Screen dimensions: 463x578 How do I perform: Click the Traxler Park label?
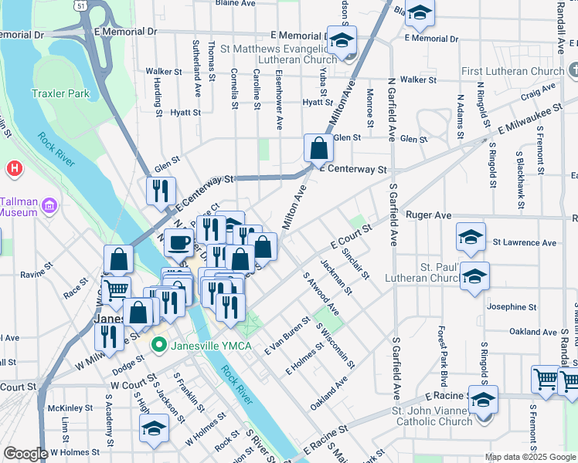click(x=60, y=94)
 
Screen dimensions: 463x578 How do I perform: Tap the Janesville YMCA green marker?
click(x=160, y=345)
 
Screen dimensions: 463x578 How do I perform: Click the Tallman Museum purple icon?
click(x=51, y=206)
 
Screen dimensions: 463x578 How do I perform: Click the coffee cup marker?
click(x=178, y=242)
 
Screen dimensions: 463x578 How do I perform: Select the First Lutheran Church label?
click(x=512, y=72)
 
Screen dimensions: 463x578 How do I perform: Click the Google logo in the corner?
click(x=25, y=454)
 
